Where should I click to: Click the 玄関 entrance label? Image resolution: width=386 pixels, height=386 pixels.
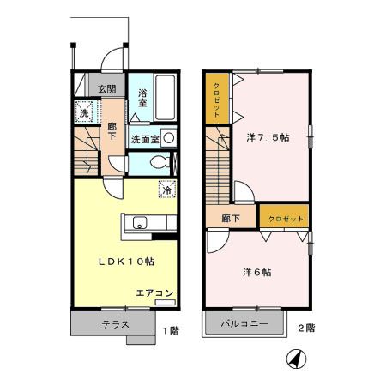[106, 88]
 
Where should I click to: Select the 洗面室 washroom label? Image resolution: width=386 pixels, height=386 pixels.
[145, 138]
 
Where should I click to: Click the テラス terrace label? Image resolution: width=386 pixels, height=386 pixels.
[114, 324]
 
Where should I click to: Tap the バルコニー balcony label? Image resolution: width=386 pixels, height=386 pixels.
[244, 324]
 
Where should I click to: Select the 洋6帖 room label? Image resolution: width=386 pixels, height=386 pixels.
[257, 272]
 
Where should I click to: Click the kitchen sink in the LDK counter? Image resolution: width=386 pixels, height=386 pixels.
[140, 224]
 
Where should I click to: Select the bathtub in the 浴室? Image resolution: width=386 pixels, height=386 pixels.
[166, 101]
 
